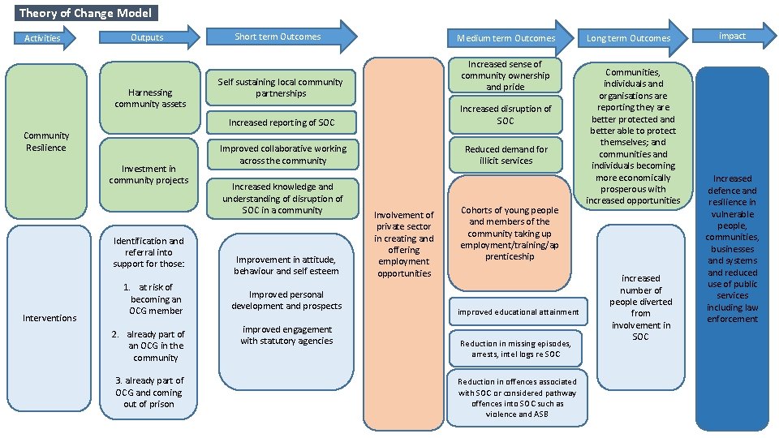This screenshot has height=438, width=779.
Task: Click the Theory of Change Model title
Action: click(x=84, y=13)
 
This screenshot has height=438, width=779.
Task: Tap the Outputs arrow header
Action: click(x=148, y=37)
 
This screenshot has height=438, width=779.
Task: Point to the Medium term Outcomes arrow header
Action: click(x=506, y=38)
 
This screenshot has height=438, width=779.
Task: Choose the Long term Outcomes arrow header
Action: click(x=629, y=38)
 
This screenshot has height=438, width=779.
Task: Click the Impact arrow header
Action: click(x=732, y=36)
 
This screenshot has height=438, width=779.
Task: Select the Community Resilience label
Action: click(x=46, y=142)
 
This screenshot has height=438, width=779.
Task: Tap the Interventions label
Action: click(x=49, y=317)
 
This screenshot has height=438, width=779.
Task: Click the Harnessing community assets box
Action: click(x=150, y=98)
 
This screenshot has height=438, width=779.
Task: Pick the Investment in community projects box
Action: click(x=148, y=174)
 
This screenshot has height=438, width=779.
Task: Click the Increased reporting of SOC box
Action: click(x=281, y=122)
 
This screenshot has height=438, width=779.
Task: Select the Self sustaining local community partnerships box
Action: click(x=281, y=88)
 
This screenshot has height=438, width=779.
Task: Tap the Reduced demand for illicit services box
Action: click(x=506, y=155)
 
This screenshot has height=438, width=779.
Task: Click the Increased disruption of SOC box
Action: click(x=506, y=114)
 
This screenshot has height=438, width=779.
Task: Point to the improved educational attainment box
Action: click(x=518, y=311)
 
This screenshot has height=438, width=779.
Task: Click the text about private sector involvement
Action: click(x=403, y=244)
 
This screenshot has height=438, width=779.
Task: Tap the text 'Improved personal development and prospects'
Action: click(x=286, y=300)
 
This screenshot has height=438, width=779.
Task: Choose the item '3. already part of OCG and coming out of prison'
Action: click(x=149, y=392)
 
